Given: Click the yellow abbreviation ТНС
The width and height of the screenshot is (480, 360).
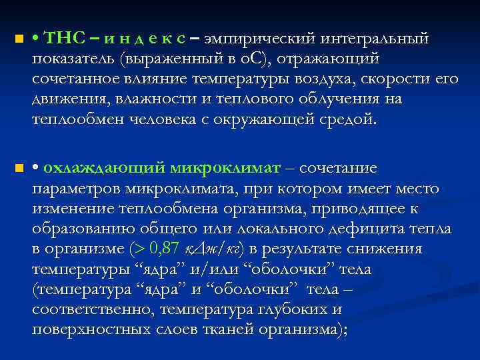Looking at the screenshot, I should pyautogui.click(x=61, y=39).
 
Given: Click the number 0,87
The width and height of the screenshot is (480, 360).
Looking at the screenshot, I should pyautogui.click(x=165, y=249).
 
